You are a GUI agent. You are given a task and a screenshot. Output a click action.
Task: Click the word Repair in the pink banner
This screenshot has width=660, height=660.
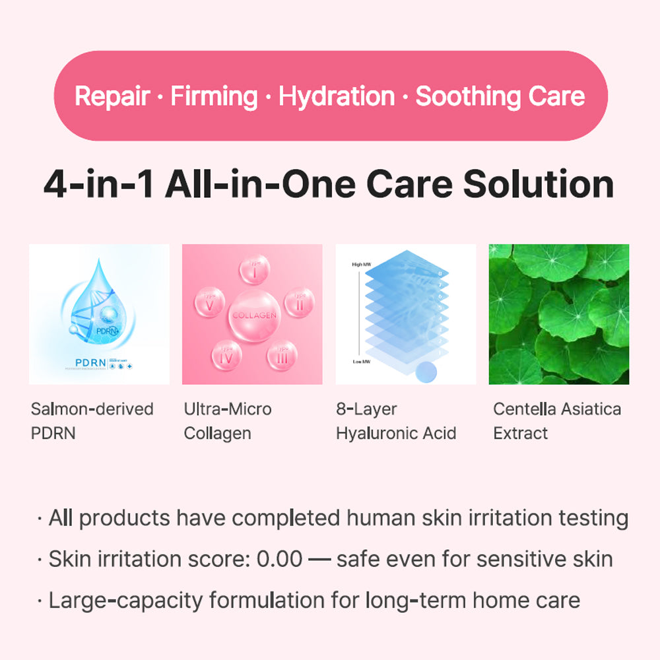(112, 96)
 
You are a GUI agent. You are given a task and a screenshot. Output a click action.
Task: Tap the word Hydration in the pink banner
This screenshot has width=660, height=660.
(336, 96)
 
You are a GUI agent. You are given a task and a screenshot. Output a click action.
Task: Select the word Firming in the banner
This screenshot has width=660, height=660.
(214, 96)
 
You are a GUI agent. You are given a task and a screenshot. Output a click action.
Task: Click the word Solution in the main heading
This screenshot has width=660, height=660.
(538, 185)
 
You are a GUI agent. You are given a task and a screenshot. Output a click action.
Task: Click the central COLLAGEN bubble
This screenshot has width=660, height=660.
(253, 315)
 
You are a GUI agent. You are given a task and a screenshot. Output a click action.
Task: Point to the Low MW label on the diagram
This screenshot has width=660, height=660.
(362, 362)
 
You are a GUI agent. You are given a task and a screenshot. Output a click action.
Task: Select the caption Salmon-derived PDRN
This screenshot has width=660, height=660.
(92, 421)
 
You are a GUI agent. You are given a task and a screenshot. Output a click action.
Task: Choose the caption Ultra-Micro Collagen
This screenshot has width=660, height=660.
(228, 421)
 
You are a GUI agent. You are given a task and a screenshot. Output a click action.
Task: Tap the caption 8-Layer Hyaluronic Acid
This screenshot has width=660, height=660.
(395, 421)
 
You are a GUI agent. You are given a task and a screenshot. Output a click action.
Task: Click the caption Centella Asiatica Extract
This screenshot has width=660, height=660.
(557, 421)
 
